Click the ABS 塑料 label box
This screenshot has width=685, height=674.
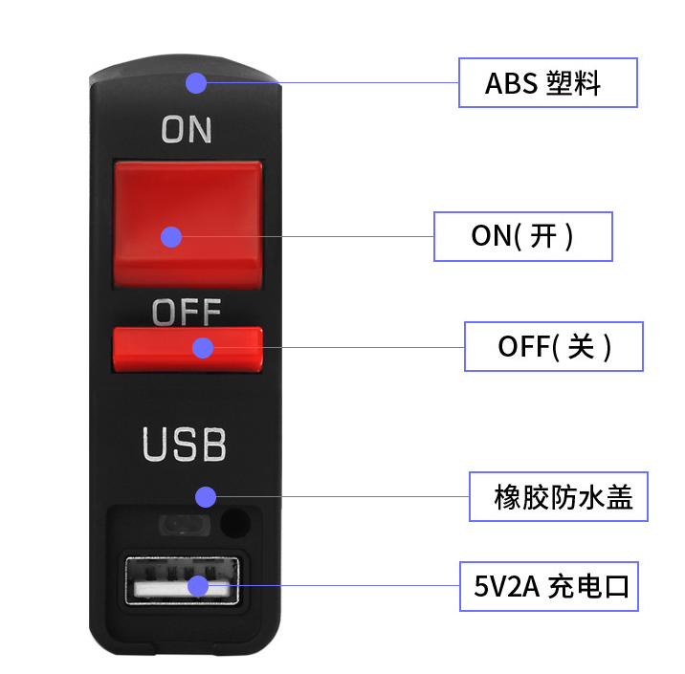point(548,82)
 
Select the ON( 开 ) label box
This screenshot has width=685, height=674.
point(523,236)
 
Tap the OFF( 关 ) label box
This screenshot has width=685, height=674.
point(554,347)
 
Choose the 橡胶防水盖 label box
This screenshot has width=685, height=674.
point(559,497)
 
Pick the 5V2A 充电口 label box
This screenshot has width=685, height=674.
point(549,586)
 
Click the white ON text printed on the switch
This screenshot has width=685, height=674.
point(187,130)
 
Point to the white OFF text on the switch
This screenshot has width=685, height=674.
point(187,312)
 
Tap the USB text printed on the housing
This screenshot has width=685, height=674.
point(185,444)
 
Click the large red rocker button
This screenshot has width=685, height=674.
point(188,224)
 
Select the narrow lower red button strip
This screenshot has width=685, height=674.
point(188,349)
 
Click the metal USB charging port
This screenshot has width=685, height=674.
point(182,580)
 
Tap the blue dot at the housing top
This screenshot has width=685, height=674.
point(196,83)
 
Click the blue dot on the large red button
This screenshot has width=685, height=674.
point(171,237)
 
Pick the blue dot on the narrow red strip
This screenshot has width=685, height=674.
point(203,348)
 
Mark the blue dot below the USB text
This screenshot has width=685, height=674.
point(206,497)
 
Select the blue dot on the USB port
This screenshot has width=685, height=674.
point(198,586)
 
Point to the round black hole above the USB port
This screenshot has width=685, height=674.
point(235,523)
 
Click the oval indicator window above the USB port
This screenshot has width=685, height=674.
point(185,525)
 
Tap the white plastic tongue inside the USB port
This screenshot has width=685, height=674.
point(182,589)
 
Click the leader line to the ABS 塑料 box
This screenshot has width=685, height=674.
point(332,82)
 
